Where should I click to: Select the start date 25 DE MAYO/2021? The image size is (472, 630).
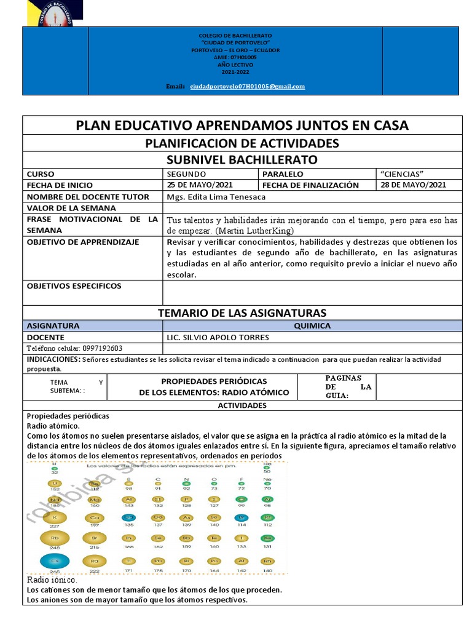tap(200, 185)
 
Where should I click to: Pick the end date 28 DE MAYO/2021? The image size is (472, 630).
tap(414, 185)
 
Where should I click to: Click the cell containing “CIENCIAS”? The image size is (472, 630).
tap(403, 174)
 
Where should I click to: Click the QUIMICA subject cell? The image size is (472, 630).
tap(312, 325)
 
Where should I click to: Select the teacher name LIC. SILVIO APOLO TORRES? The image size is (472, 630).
tap(218, 337)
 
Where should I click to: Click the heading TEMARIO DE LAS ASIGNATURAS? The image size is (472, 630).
tap(242, 313)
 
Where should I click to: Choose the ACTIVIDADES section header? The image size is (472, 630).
tap(242, 405)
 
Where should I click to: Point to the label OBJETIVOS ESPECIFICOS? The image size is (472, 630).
tap(74, 285)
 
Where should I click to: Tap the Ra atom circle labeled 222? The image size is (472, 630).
tap(95, 561)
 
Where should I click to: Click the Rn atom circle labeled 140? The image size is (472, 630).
tap(266, 561)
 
